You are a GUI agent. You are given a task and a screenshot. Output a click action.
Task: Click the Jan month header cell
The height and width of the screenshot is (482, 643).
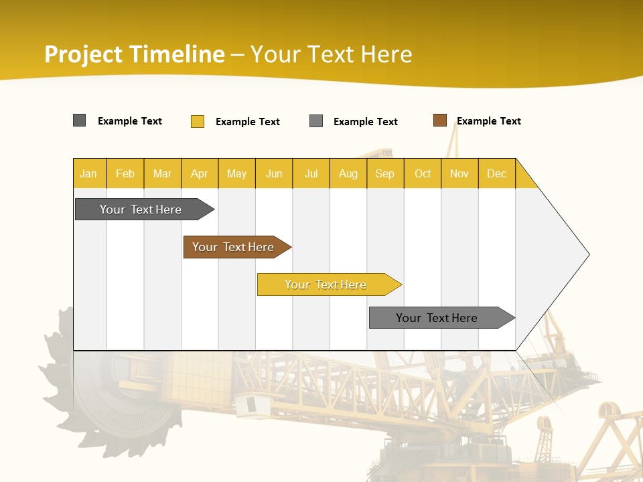coord(89,173)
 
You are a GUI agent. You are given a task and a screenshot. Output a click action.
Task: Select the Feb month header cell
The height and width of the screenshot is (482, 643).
coord(125,173)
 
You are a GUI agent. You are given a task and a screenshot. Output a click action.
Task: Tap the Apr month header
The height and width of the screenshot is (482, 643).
coord(200,173)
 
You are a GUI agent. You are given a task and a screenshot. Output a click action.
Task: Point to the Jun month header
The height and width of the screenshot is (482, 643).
coord(274,173)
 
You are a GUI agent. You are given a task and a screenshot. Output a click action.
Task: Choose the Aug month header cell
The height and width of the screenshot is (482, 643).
coord(348,173)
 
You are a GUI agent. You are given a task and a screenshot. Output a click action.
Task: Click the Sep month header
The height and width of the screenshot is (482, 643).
coord(385,173)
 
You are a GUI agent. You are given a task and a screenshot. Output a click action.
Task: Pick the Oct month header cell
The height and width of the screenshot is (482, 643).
coord(423,173)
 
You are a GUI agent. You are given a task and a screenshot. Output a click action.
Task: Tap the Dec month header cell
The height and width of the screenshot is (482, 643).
coord(497,173)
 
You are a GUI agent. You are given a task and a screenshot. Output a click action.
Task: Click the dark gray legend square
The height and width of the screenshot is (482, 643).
coord(80,120)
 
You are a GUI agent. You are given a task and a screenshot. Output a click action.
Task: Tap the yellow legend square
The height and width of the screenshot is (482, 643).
coord(198,121)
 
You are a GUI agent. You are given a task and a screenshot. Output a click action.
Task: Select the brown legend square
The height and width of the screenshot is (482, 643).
coord(440,120)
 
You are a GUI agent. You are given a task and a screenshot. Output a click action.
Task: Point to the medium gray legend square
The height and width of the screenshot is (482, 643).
coord(316,121)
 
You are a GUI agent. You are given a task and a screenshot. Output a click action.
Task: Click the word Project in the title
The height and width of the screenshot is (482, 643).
coord(84,54)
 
